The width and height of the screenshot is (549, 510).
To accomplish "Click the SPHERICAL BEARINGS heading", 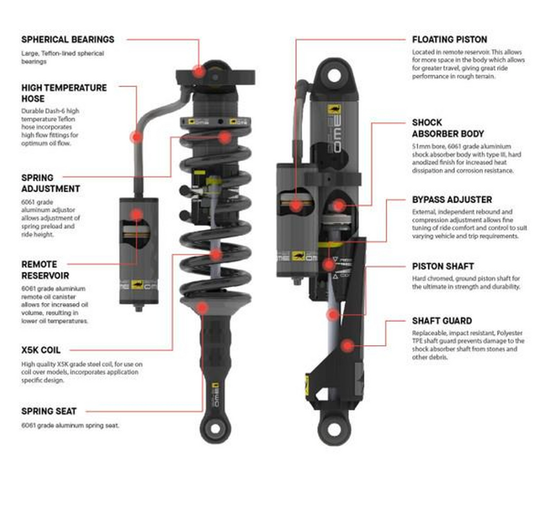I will click(68, 39).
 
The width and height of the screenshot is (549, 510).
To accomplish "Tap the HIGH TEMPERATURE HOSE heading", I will click(64, 93).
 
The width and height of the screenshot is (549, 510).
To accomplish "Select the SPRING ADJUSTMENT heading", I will click(50, 183).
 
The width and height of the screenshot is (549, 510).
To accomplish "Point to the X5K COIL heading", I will click(41, 350).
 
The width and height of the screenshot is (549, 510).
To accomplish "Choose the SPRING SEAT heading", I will click(49, 411).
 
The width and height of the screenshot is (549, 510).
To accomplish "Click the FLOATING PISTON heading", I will click(449, 39).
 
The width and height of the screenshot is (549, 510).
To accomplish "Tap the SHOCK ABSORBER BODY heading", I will click(447, 128).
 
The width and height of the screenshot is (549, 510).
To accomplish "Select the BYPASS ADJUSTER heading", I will click(452, 199).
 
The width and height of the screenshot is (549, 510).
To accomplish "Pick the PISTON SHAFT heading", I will click(442, 266).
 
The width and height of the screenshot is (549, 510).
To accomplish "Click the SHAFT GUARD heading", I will click(442, 321).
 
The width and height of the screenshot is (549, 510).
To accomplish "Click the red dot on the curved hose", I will click(136, 136).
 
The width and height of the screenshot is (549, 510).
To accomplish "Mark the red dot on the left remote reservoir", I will click(136, 215).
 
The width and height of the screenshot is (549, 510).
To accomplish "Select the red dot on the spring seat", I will click(202, 307).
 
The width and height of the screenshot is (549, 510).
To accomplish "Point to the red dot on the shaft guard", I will click(347, 346).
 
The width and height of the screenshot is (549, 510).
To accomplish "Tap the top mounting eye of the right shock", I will click(334, 74).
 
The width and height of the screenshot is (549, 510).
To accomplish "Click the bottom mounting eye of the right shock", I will click(334, 428).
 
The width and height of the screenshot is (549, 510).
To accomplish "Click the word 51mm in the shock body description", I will click(420, 146).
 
